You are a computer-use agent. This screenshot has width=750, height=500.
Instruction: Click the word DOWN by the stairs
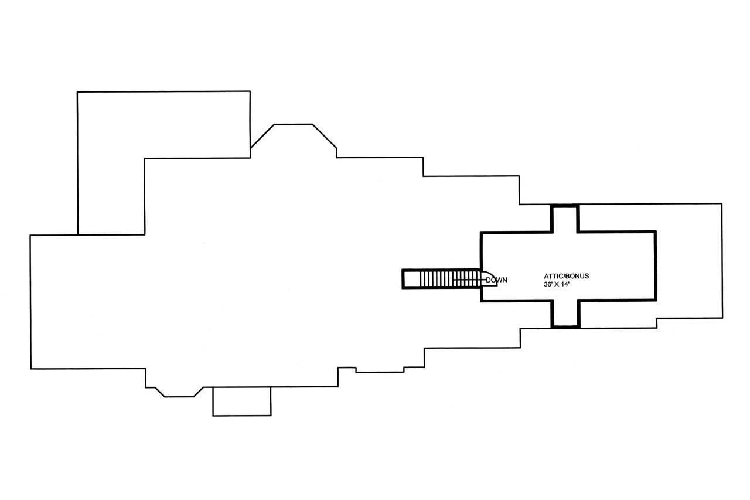(x=496, y=280)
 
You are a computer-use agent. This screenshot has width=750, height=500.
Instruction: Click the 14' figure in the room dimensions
(x=565, y=285)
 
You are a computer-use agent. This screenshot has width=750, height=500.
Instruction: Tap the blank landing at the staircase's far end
(x=411, y=279)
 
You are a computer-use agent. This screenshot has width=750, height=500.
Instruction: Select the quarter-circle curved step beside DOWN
(x=489, y=278)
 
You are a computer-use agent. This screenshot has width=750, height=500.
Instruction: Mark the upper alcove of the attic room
(x=565, y=219)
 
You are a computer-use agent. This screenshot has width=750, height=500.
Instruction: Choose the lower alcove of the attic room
(x=565, y=314)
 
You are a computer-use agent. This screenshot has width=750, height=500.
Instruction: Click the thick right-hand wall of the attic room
(x=655, y=266)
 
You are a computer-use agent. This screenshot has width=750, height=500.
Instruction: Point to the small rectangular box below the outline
(x=242, y=402)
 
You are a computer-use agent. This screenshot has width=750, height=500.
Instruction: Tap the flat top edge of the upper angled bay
(x=294, y=124)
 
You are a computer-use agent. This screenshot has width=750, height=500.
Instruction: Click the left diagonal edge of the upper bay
(x=262, y=136)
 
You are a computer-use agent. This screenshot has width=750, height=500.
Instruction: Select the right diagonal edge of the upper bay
(x=325, y=136)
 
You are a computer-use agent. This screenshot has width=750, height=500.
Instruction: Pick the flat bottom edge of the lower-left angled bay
(x=179, y=397)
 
